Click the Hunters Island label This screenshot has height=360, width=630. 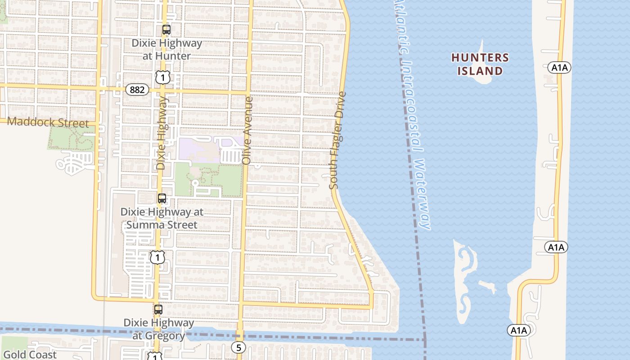tap(480, 64)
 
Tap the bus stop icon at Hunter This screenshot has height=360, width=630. tap(166, 30)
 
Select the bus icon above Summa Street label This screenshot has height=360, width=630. tap(162, 198)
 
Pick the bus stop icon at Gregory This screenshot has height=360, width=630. tap(158, 310)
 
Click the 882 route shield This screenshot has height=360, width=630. tap(137, 90)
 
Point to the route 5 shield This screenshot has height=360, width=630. tap(238, 347)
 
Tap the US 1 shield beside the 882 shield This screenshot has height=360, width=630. tap(163, 77)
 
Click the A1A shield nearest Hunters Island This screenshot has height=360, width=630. tap(559, 68)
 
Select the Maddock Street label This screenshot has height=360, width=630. tap(48, 122)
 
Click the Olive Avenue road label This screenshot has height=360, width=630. tap(247, 130)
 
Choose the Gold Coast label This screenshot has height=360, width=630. tap(30, 355)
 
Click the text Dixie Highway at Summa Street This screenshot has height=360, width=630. tap(162, 218)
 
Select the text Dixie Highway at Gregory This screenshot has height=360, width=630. tap(159, 329)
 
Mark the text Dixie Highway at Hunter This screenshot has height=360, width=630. tap(166, 49)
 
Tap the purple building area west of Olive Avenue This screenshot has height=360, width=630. tap(198, 149)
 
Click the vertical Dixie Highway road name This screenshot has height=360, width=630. tap(162, 135)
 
